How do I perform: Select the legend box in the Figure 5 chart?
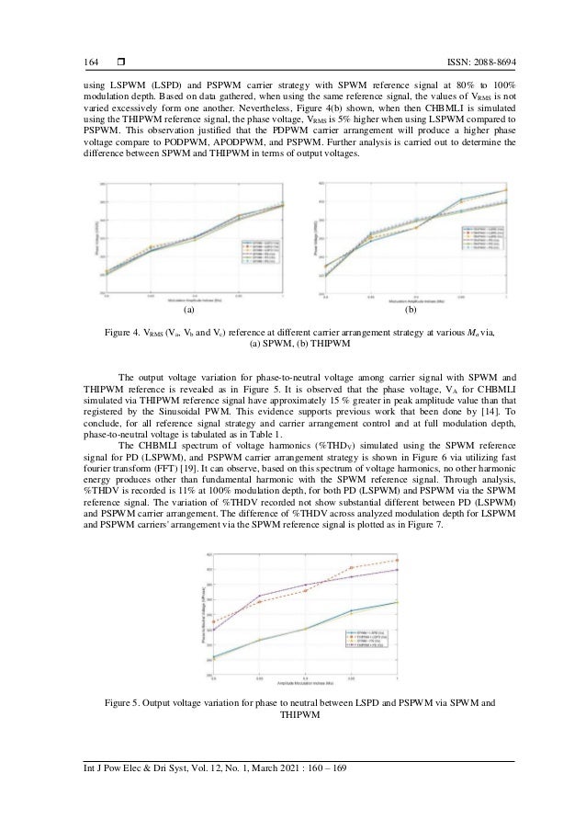pyautogui.click(x=369, y=640)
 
